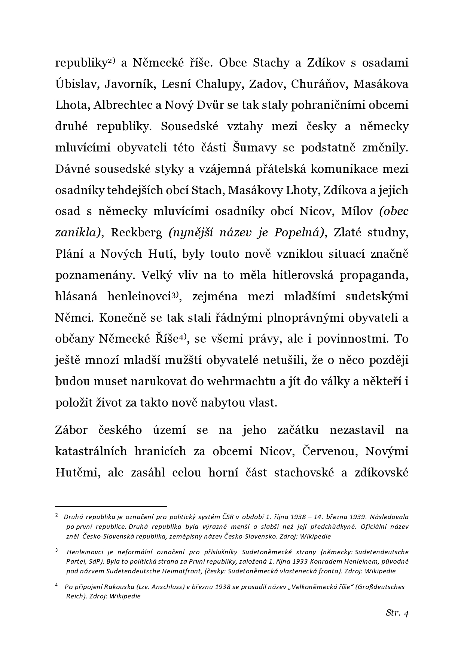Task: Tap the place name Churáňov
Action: coord(316,84)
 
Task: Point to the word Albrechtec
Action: coord(122,105)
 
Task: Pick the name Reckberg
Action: coord(137,233)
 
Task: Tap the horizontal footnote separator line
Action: coord(111,506)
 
